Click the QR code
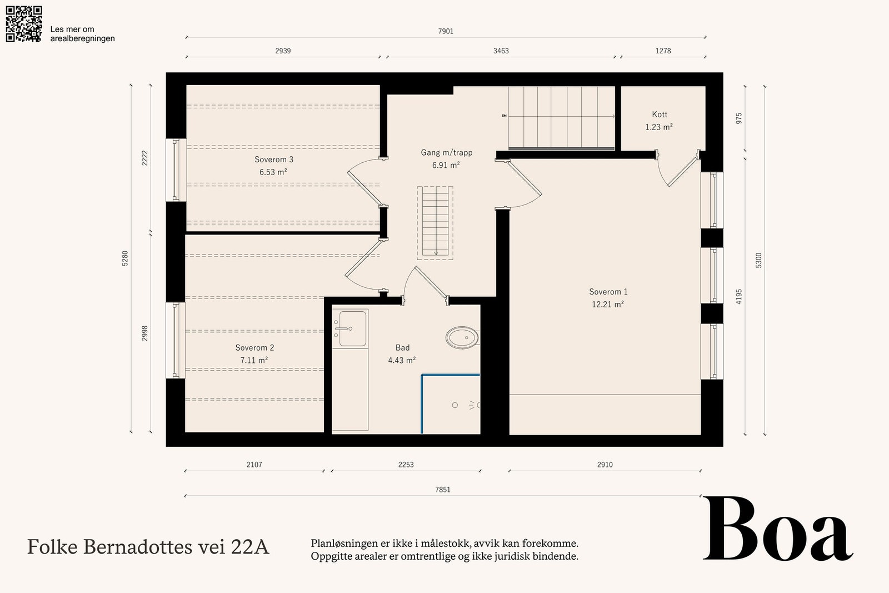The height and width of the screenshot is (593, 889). (24, 24)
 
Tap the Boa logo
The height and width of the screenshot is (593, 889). (778, 529)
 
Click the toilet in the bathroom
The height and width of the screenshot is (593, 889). (462, 338)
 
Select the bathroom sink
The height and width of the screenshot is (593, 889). (351, 328)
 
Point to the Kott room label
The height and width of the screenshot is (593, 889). (660, 114)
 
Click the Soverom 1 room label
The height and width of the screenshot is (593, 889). (608, 292)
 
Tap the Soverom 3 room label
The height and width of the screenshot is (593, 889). (274, 160)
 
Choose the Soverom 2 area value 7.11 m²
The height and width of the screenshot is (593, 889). (254, 360)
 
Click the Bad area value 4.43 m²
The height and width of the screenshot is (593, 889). (402, 360)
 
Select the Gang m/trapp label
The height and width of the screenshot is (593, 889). (447, 152)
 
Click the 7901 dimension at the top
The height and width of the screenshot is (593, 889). (446, 31)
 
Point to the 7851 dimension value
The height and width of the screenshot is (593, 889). (443, 490)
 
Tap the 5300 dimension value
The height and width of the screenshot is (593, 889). (759, 261)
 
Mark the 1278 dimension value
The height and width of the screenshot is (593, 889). (663, 51)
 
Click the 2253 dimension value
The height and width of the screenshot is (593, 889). (406, 465)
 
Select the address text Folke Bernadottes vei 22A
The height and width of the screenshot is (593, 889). (148, 547)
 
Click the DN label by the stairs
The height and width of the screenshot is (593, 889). (504, 116)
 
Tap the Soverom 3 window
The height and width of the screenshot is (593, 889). (176, 170)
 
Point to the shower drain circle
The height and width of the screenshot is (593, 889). (455, 405)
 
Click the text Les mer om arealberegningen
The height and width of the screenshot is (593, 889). (83, 34)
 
